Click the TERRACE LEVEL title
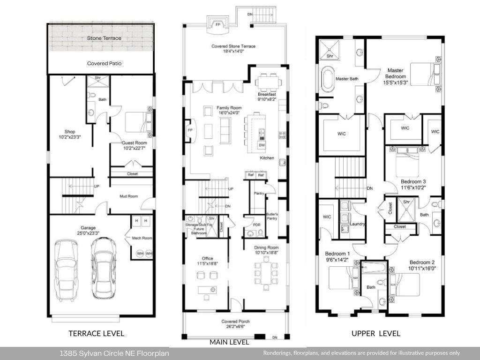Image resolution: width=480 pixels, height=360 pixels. [x=96, y=333]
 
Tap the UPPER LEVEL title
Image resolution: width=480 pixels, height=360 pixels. [x=376, y=333]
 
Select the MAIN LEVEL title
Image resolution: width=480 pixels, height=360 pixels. [x=229, y=342]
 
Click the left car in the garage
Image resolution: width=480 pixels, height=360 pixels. [x=66, y=270]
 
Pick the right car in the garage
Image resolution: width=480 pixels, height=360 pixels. [x=103, y=268]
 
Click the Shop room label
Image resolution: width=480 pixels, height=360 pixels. [x=70, y=132]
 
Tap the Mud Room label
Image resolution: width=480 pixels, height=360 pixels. [x=128, y=196]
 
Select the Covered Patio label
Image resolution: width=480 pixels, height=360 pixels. [x=104, y=63]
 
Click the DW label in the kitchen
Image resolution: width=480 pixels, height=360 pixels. [x=262, y=146]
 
